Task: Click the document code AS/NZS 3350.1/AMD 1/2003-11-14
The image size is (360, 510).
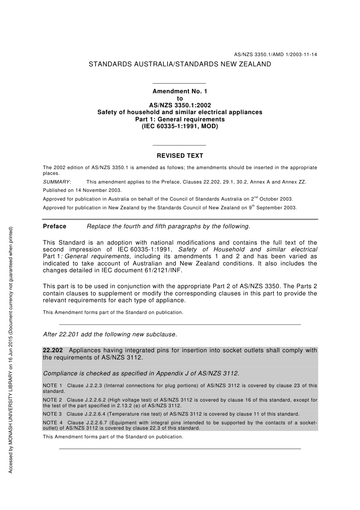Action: [275, 55]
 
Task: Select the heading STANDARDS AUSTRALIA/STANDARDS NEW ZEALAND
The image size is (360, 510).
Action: [180, 64]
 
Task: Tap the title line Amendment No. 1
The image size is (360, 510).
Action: [180, 91]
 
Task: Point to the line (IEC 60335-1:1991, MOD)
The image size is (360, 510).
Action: [180, 126]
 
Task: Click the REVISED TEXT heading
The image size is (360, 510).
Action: [180, 156]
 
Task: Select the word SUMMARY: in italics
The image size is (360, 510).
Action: [57, 182]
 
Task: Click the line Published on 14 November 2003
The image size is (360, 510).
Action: [82, 190]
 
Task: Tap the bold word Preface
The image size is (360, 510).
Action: [55, 226]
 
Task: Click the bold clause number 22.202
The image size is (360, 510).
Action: [53, 350]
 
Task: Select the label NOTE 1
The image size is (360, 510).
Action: [53, 386]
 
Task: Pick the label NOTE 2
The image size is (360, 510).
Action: [53, 400]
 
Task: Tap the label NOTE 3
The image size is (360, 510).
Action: [53, 414]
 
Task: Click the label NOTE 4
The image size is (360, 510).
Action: [53, 423]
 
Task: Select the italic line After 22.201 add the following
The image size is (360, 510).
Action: [110, 334]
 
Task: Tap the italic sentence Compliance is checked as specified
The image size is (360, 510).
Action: [141, 373]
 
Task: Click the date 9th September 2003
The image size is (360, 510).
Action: [273, 207]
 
